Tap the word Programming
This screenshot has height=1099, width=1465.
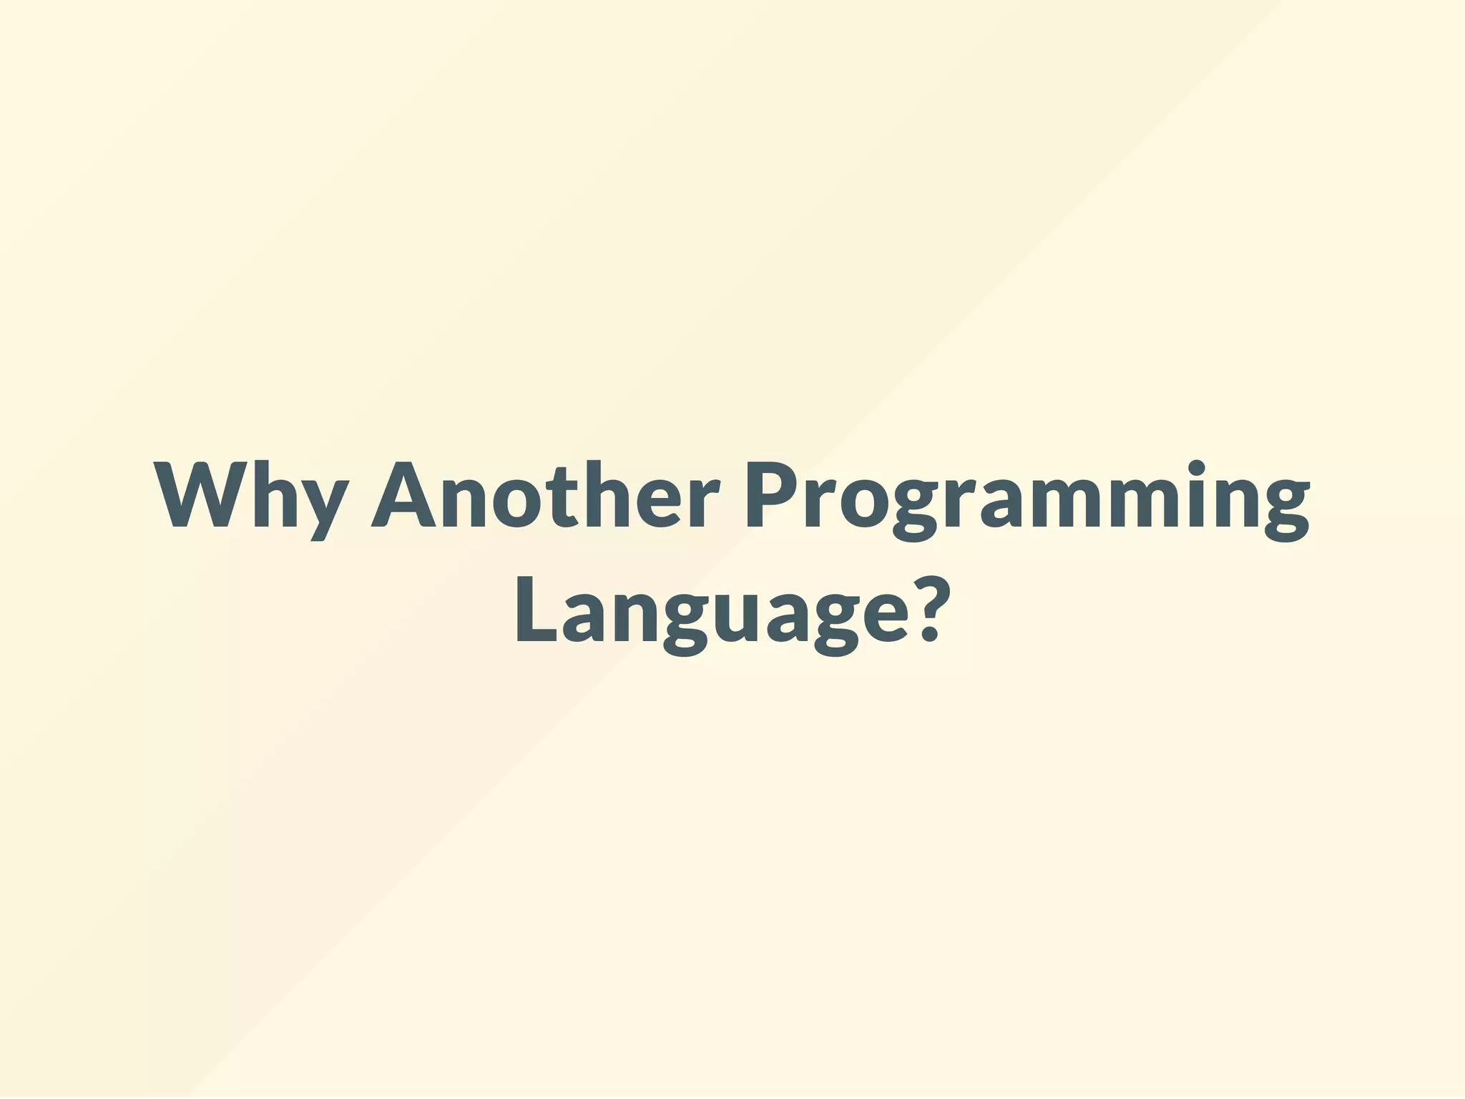pyautogui.click(x=1027, y=497)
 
